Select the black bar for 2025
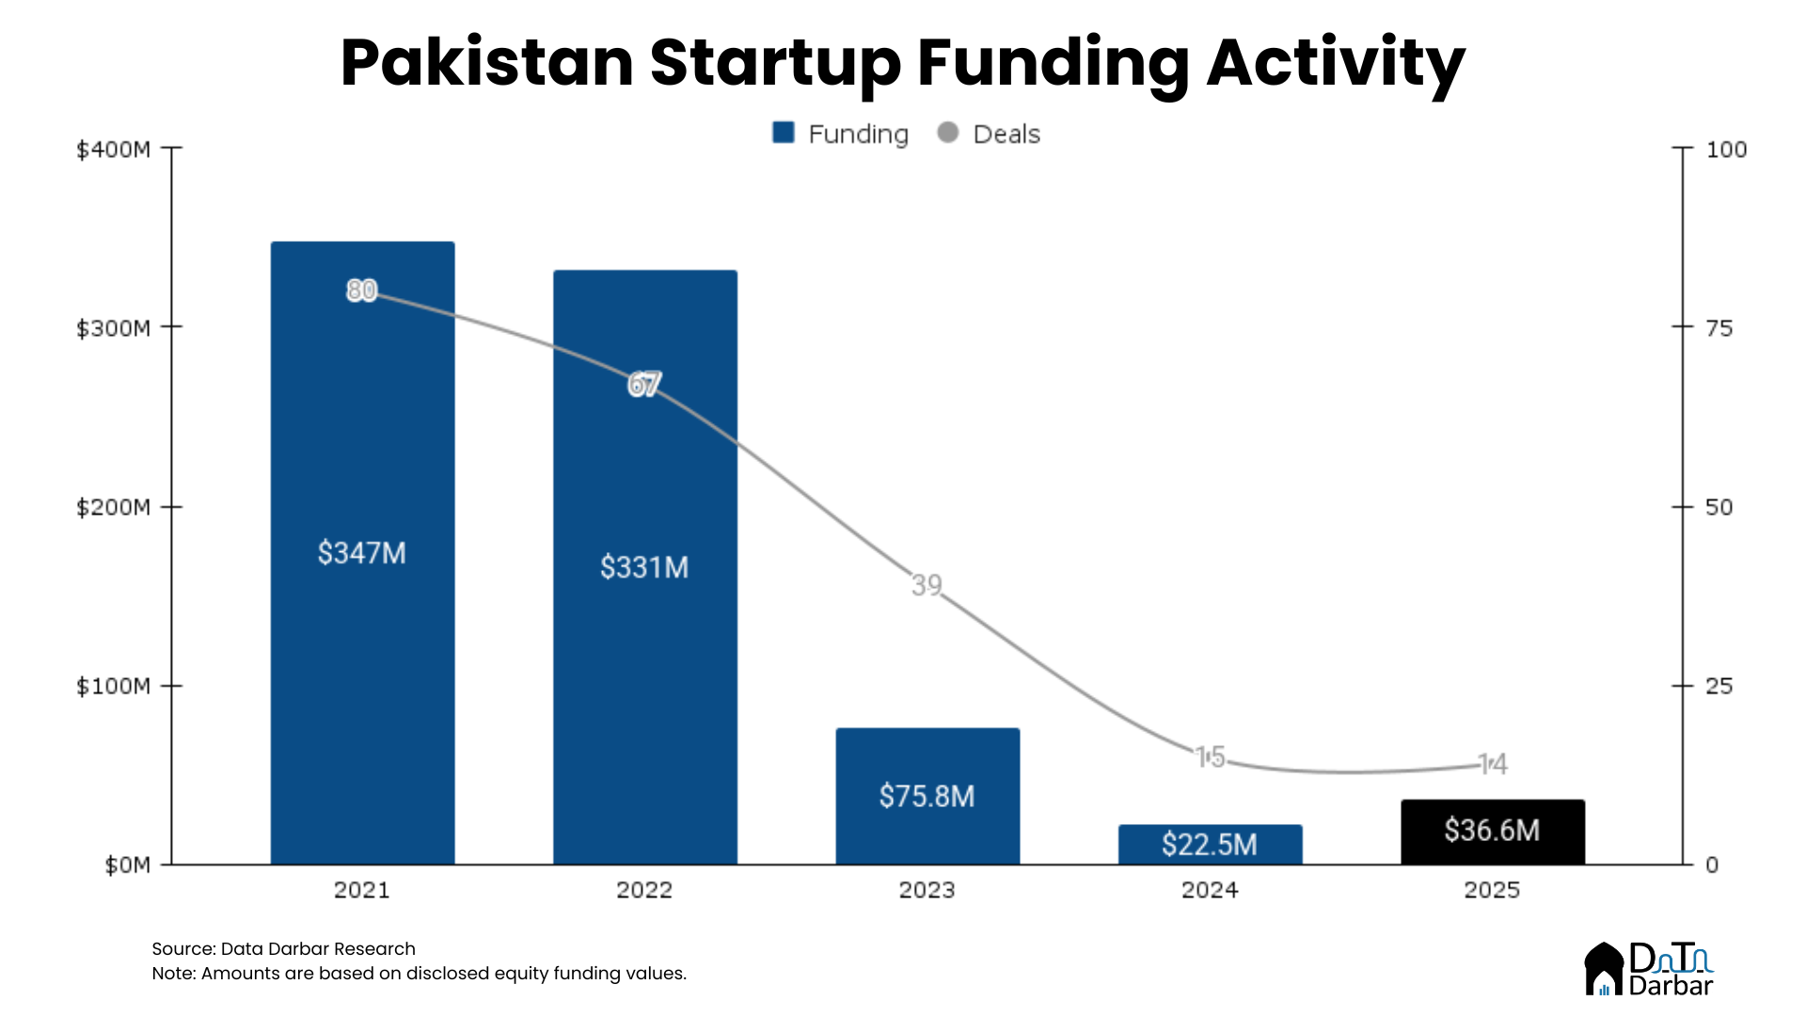point(1492,832)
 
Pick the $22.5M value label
point(1210,845)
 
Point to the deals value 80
point(362,291)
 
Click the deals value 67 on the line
point(644,385)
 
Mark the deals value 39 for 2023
point(927,585)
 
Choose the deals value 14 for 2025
point(1493,764)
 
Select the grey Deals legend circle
point(948,133)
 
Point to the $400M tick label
point(113,150)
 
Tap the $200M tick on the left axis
point(113,507)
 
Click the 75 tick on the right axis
point(1719,328)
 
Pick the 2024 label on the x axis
point(1210,890)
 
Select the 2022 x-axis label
point(644,890)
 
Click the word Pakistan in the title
point(486,63)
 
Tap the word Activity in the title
point(1336,63)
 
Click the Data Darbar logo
point(1649,969)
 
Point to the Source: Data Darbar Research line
point(283,948)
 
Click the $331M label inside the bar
point(644,567)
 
